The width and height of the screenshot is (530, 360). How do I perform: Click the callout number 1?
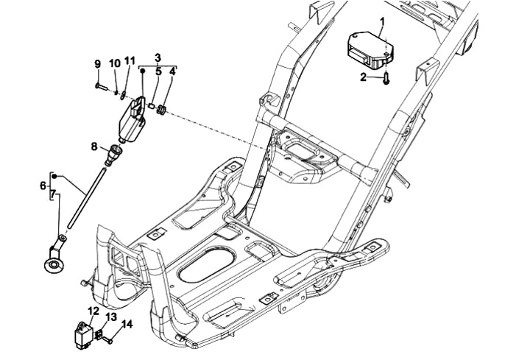tap(382, 22)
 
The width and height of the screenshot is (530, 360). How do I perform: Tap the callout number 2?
tap(364, 77)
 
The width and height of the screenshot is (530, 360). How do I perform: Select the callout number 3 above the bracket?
tap(158, 58)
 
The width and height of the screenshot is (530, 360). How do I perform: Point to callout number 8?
tap(94, 147)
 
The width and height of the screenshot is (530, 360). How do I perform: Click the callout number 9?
tap(97, 64)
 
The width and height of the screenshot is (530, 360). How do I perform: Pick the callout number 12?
tap(93, 311)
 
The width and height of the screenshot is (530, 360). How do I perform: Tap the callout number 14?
tap(127, 325)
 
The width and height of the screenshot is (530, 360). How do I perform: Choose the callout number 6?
tap(43, 186)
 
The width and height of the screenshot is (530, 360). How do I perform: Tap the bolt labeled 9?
tap(101, 87)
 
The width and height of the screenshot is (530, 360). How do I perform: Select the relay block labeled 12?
tap(82, 334)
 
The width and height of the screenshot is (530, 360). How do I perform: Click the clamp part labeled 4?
tap(162, 110)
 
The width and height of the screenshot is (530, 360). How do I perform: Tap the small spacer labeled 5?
tap(152, 106)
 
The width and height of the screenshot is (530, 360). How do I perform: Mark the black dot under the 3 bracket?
tap(143, 71)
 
